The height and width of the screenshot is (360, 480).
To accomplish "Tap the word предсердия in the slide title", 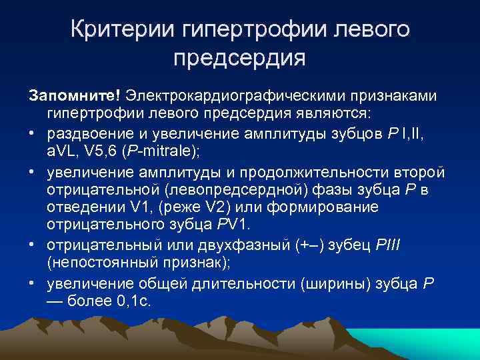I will click(x=239, y=57).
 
